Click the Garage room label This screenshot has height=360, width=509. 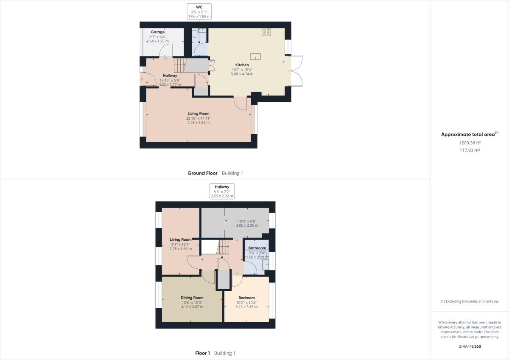(x=157, y=32)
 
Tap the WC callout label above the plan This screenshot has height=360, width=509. (x=199, y=7)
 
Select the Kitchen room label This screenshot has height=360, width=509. (x=242, y=65)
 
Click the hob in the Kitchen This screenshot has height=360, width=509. (x=267, y=31)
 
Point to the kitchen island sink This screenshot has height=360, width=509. (x=255, y=56)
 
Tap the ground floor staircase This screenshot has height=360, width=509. (x=180, y=65)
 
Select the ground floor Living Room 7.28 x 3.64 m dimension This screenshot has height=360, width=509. (x=199, y=123)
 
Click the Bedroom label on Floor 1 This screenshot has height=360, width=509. (x=246, y=298)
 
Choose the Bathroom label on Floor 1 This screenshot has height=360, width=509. (x=257, y=248)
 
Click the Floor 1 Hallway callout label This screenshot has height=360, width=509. (x=222, y=187)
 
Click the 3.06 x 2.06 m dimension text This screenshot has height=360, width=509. (x=247, y=225)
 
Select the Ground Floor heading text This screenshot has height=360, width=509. (x=202, y=173)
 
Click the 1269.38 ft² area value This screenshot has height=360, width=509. (x=470, y=143)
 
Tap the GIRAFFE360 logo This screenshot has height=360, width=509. (x=470, y=346)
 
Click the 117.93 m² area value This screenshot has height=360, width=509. (x=470, y=150)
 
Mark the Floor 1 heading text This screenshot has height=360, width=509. (x=202, y=353)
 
